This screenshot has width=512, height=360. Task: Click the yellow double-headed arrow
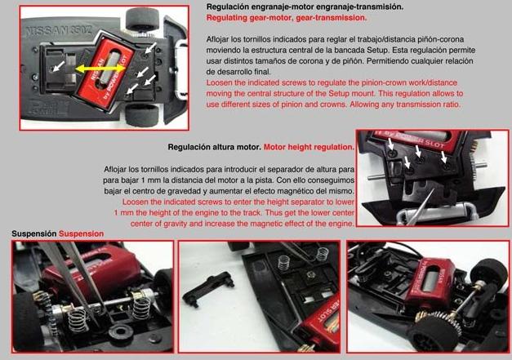click(x=100, y=69)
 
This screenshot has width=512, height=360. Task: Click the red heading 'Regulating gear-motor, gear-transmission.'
click(x=287, y=18)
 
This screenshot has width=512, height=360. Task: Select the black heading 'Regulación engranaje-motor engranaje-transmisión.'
click(x=305, y=7)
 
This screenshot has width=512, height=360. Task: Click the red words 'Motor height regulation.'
click(x=309, y=147)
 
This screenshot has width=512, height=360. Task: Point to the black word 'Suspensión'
click(x=34, y=233)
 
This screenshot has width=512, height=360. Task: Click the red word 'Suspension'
click(x=82, y=233)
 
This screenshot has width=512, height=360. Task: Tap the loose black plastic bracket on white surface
click(x=208, y=288)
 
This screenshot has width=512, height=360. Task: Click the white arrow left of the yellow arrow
click(x=59, y=67)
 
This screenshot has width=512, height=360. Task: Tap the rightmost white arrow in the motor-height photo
click(x=444, y=157)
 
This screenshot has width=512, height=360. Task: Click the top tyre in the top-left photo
click(x=142, y=19)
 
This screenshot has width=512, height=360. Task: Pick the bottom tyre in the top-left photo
click(x=143, y=114)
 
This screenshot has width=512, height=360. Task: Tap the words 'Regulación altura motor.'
click(x=215, y=147)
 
